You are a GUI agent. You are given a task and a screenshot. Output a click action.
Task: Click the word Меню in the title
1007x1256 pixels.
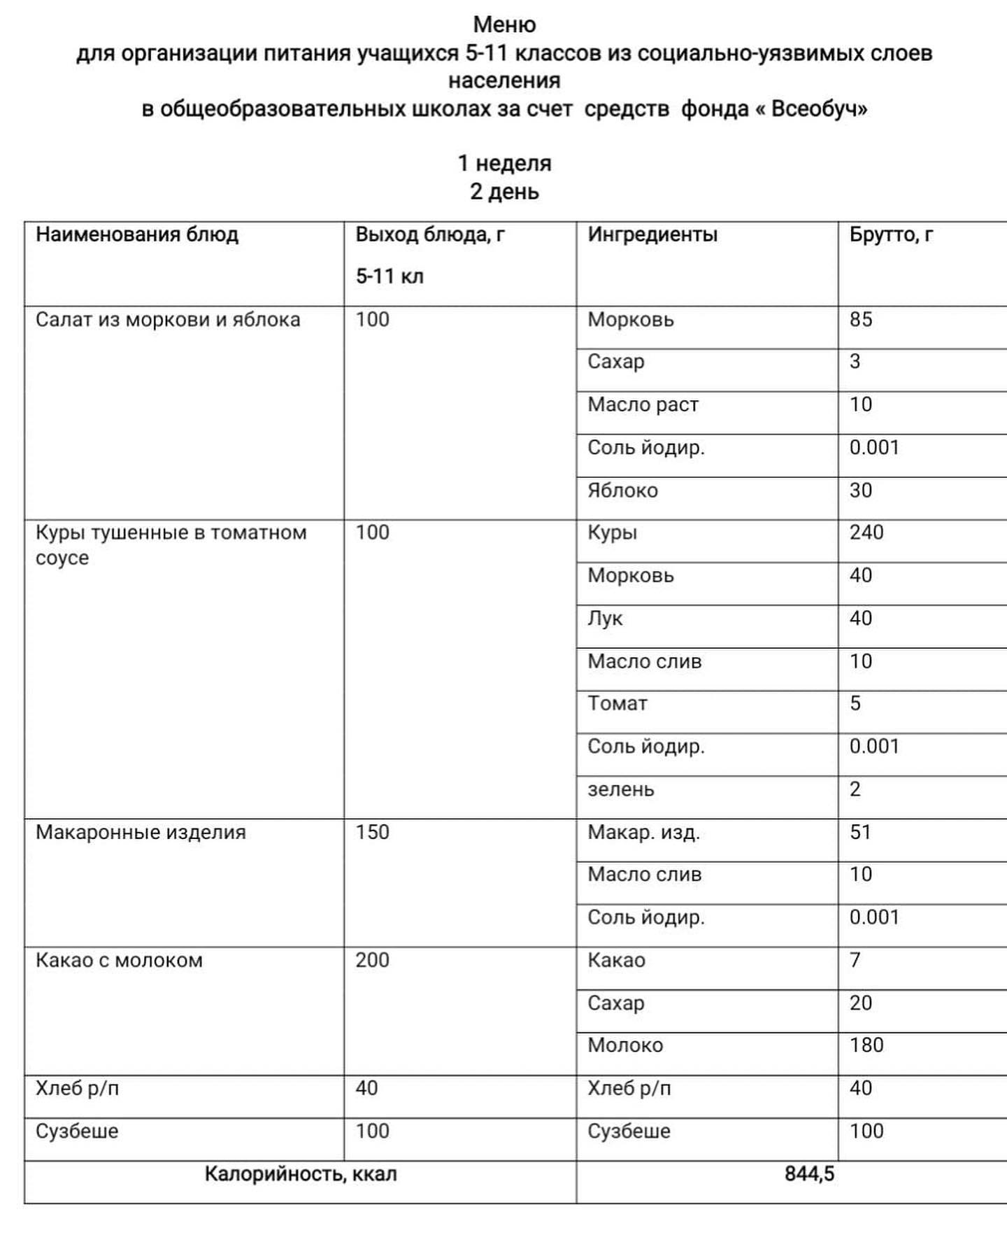tap(504, 24)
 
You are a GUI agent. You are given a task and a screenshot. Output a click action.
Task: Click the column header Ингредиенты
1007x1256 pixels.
tap(652, 234)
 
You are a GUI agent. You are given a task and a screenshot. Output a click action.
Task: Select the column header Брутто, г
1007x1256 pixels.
tap(891, 234)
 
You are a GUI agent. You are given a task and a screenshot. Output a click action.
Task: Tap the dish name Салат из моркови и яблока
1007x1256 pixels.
tap(168, 320)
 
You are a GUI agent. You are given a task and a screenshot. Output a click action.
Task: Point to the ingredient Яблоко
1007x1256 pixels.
tap(622, 491)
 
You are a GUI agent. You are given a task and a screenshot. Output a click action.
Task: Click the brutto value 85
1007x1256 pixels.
tap(861, 320)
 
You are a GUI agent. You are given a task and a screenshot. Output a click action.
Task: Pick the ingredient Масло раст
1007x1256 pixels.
tap(643, 405)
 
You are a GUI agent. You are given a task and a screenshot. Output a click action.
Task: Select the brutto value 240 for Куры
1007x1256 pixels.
tap(866, 532)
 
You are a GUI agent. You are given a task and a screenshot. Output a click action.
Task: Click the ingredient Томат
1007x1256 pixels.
tap(617, 703)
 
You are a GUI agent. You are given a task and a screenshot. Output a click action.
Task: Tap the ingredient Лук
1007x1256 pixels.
tap(605, 619)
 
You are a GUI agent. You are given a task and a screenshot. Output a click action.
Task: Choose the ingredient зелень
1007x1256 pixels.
tap(620, 789)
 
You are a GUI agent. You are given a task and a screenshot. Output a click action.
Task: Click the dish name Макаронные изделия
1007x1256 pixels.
tap(141, 832)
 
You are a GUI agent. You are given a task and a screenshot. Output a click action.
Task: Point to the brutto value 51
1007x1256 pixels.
tap(860, 832)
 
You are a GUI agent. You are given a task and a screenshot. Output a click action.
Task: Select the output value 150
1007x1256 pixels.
tap(372, 832)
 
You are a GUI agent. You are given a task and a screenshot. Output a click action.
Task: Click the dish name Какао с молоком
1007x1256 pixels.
tap(119, 960)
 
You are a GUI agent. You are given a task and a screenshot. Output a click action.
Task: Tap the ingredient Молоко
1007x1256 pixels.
tap(624, 1045)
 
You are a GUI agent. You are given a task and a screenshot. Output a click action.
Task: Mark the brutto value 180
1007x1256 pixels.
tap(866, 1045)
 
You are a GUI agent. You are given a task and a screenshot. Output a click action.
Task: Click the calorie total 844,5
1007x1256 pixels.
tap(809, 1173)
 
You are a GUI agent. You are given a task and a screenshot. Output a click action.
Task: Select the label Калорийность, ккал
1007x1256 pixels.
tap(301, 1173)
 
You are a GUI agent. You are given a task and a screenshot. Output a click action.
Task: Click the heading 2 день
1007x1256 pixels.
tap(504, 192)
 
